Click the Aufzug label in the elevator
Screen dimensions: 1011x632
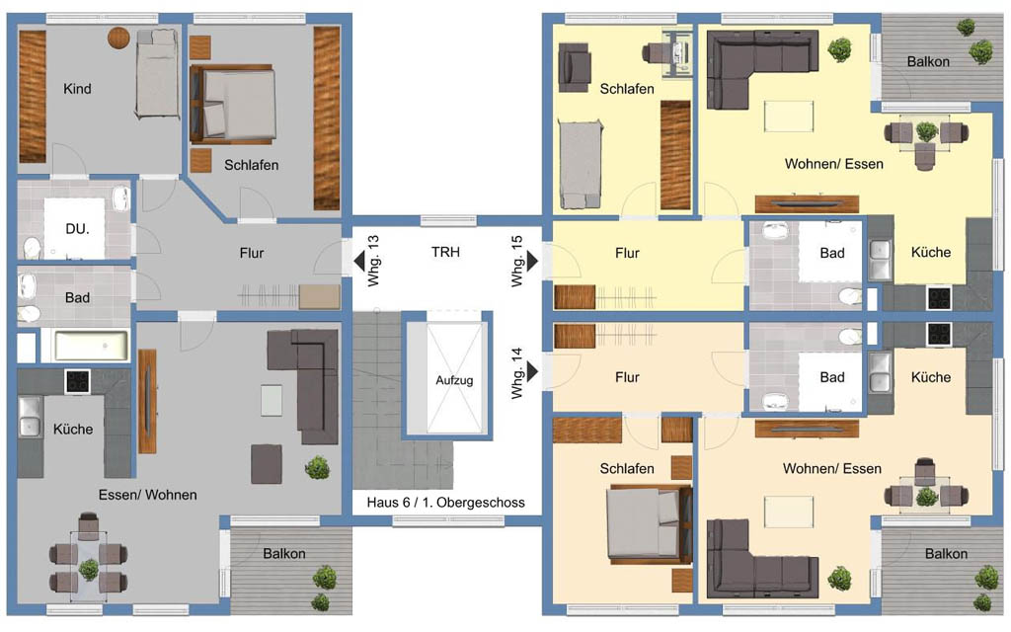[x=454, y=380]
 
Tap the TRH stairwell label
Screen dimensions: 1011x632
[x=445, y=252]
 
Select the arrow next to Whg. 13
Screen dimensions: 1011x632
[x=358, y=261]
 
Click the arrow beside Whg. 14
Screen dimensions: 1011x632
[x=532, y=371]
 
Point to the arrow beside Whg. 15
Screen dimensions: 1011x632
[x=532, y=261]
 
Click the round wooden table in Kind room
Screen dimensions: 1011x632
[x=118, y=39]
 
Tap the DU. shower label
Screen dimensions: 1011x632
[x=77, y=229]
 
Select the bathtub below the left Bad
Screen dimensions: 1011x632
[x=91, y=346]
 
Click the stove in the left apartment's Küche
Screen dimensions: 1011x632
[x=77, y=381]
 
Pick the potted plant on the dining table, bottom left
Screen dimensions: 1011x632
[x=88, y=570]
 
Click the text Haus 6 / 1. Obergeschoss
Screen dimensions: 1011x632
[x=445, y=503]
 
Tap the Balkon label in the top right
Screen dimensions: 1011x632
[x=928, y=62]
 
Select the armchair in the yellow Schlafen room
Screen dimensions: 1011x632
[x=574, y=66]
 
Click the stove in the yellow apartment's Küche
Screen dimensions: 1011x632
[x=939, y=297]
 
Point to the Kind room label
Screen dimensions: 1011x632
[x=77, y=89]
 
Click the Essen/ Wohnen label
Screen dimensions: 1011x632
[x=148, y=496]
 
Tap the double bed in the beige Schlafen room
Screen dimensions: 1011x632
[x=648, y=522]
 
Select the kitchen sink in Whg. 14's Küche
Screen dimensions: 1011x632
[x=879, y=372]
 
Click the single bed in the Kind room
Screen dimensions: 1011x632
[x=157, y=75]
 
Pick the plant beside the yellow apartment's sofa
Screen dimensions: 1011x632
[x=839, y=49]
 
